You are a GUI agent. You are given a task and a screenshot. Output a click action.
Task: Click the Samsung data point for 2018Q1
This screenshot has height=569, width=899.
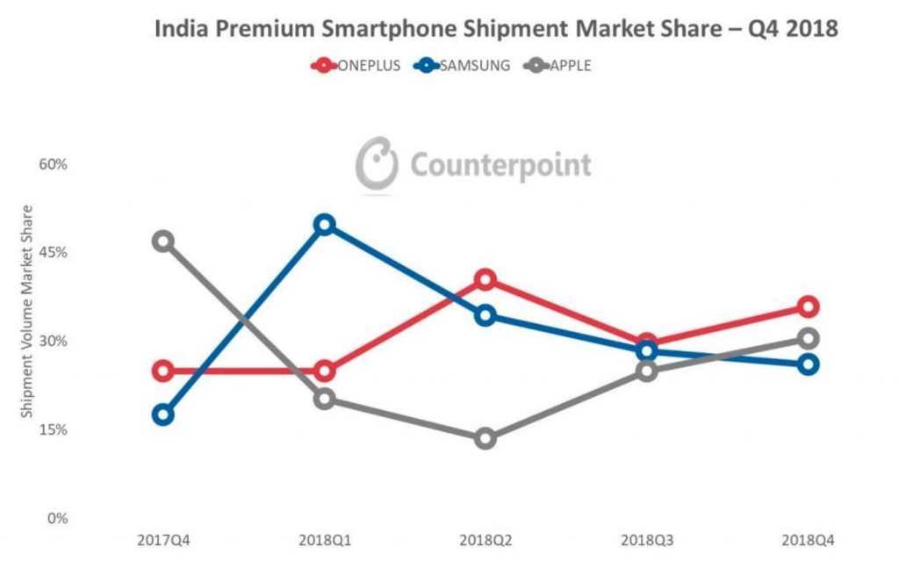[324, 225]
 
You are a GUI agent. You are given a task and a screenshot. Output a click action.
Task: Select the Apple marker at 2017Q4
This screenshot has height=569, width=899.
[162, 241]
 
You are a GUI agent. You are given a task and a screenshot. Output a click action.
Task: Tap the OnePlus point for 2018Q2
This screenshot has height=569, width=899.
[485, 280]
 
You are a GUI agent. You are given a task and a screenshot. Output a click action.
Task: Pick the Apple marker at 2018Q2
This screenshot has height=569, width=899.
[485, 438]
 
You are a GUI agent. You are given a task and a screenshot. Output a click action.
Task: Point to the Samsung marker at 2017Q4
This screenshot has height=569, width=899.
[162, 414]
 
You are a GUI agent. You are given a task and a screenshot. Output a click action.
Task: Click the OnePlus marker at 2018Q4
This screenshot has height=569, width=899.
[809, 306]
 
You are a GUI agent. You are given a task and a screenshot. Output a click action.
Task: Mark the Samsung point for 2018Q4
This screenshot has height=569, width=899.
[809, 364]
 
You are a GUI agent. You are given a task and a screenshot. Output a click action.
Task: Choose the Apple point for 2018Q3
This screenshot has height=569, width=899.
[647, 371]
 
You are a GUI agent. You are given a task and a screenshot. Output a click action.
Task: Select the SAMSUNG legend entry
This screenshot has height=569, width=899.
[460, 65]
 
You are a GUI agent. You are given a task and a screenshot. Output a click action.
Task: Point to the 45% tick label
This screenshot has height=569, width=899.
[50, 252]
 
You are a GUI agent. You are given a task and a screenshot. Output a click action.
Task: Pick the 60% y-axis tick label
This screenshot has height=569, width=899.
[50, 164]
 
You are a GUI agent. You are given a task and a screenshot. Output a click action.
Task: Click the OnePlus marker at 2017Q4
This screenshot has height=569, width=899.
[162, 371]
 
